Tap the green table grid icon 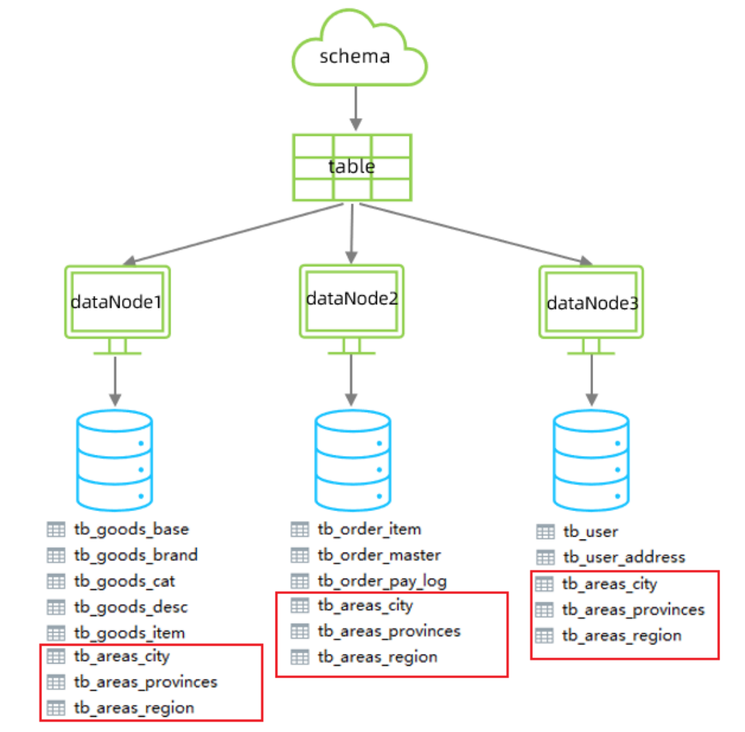[x=352, y=167]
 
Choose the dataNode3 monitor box [x=591, y=303]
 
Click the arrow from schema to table [x=356, y=108]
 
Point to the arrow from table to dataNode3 [x=476, y=234]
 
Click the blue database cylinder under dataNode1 [x=115, y=459]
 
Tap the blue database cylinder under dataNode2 [x=352, y=459]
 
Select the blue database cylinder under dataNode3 [x=591, y=459]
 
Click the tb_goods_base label [x=130, y=529]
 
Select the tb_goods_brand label [x=135, y=555]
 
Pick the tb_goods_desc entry [x=130, y=606]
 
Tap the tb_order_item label [x=369, y=529]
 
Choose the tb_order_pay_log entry [x=382, y=580]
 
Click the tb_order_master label [x=378, y=555]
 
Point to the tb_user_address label [x=623, y=557]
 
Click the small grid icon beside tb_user [x=545, y=531]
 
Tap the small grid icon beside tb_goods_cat [x=56, y=581]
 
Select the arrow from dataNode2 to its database [x=352, y=379]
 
